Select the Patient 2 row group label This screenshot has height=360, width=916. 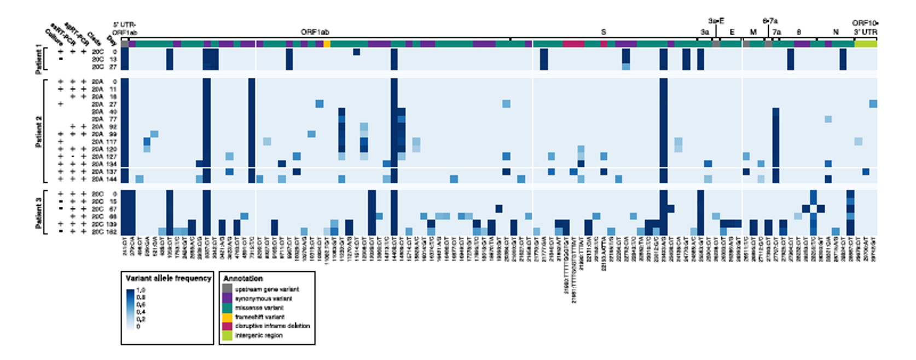tap(39, 131)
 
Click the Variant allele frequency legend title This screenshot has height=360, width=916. tap(168, 278)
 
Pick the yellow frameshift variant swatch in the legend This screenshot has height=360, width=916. tap(227, 317)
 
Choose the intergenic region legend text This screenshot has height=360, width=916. tap(259, 335)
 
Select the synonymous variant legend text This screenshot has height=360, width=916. tap(263, 299)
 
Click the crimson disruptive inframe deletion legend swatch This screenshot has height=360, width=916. tap(227, 326)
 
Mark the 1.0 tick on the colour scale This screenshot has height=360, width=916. tap(140, 291)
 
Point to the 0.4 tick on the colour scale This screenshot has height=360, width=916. tap(141, 312)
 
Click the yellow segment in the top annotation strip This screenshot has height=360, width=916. tap(327, 44)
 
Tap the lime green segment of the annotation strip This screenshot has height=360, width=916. tap(866, 44)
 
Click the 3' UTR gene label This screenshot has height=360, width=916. tap(866, 32)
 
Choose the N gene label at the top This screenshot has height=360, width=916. tap(836, 32)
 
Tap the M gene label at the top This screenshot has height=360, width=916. tap(753, 32)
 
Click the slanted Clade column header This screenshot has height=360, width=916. tap(94, 39)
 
